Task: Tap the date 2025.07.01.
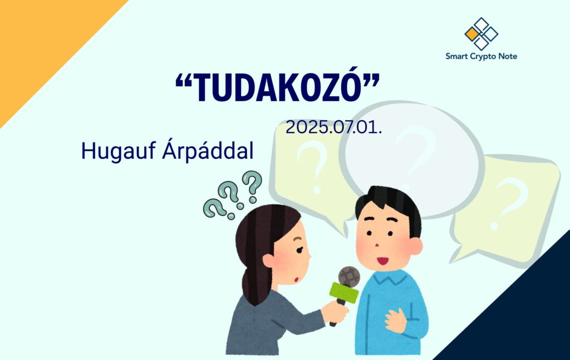[x=334, y=127]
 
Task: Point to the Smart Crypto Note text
[x=481, y=56]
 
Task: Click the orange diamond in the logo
[x=472, y=34]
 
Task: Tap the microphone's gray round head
[x=349, y=277]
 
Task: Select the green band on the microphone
[x=344, y=293]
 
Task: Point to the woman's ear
[x=269, y=260]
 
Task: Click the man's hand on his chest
[x=396, y=320]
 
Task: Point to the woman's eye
[x=300, y=250]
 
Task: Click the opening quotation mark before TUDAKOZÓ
[x=184, y=82]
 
